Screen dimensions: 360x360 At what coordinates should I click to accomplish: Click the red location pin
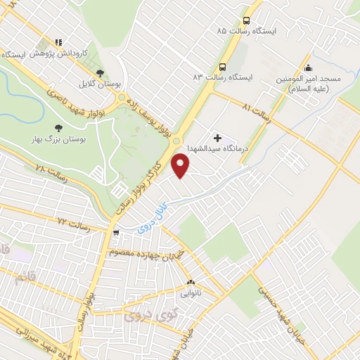coord(181,166)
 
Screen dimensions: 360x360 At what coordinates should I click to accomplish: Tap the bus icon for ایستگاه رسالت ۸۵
coord(246,20)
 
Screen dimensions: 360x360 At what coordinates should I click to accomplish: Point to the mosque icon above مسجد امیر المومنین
coord(307,67)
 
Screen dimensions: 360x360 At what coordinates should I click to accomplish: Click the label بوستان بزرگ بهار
coord(56,140)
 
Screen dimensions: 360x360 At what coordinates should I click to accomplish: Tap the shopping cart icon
coord(116,231)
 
